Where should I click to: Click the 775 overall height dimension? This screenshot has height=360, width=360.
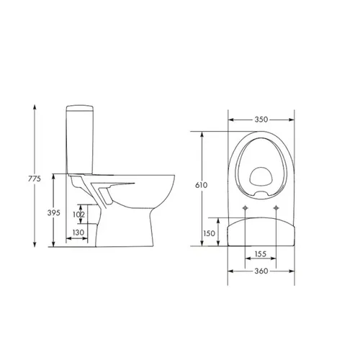click(x=35, y=179)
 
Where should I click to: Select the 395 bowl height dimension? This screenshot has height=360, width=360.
click(x=53, y=212)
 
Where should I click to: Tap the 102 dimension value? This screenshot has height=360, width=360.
click(x=78, y=215)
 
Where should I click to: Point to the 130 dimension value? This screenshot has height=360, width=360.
click(x=78, y=233)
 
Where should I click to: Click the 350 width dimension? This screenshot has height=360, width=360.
click(x=261, y=120)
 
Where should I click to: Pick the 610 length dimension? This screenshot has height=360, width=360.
click(x=201, y=185)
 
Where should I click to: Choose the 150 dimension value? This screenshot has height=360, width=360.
click(x=210, y=233)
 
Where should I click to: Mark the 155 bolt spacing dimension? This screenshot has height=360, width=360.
click(x=261, y=253)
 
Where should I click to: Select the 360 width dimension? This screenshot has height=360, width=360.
click(x=261, y=271)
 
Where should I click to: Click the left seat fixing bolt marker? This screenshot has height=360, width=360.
click(x=245, y=208)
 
